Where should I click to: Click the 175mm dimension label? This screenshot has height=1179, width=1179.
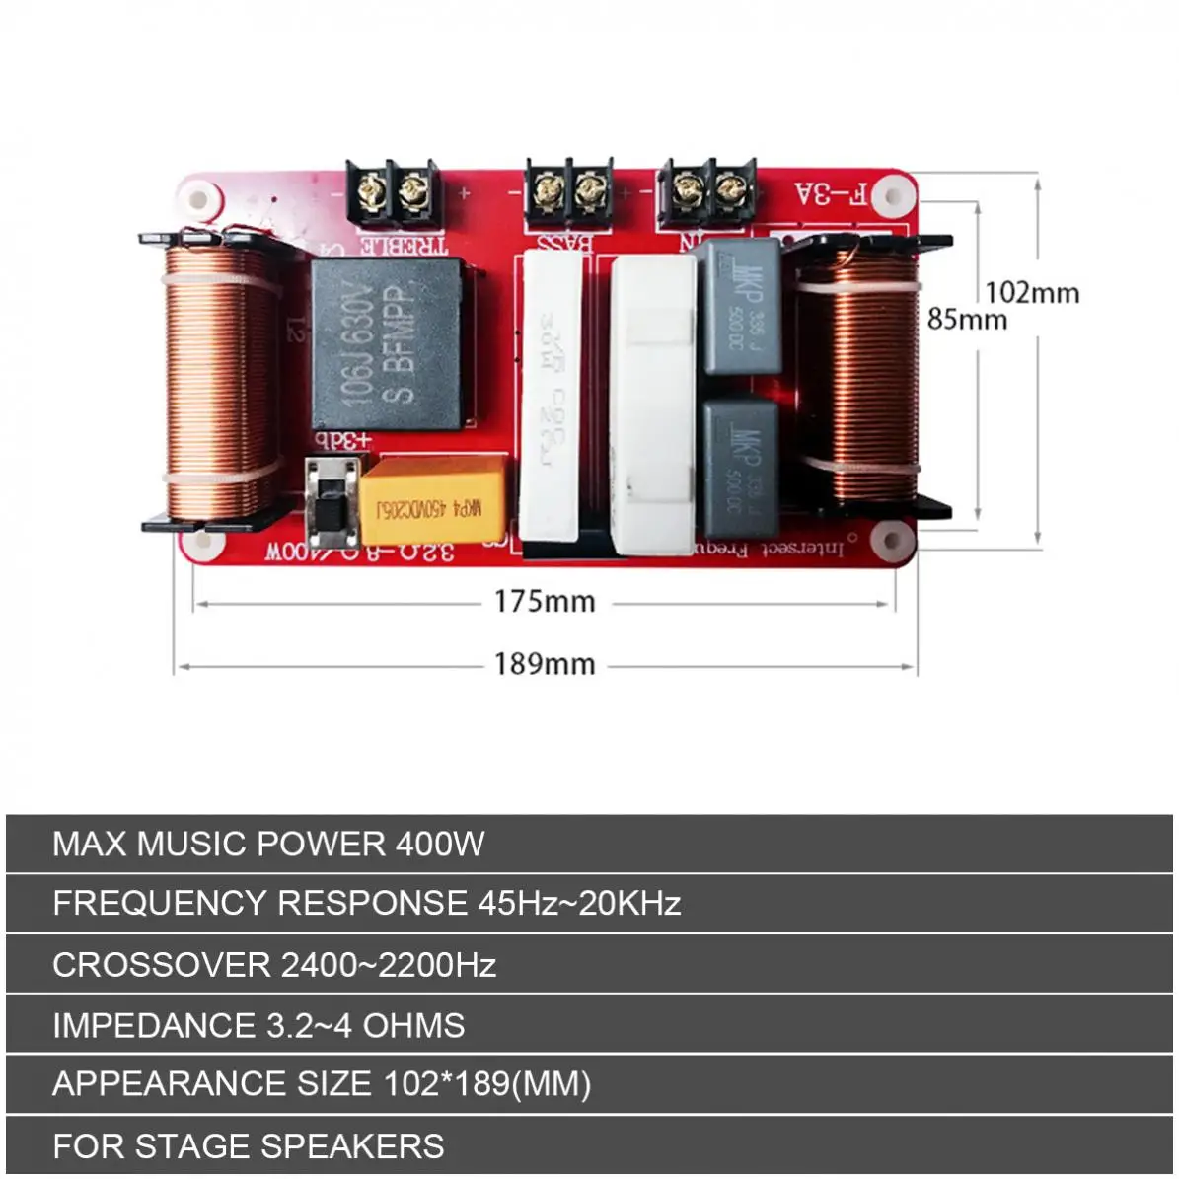click(x=545, y=601)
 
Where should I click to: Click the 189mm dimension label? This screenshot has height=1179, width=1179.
click(x=545, y=663)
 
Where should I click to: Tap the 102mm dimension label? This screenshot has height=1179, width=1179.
click(x=1032, y=292)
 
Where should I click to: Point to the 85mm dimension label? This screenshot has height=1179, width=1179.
click(x=967, y=319)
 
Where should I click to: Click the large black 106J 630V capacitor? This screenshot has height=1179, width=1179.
click(x=386, y=343)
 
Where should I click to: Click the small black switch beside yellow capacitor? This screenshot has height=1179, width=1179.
click(x=329, y=503)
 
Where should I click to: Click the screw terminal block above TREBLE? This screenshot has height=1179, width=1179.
click(x=391, y=191)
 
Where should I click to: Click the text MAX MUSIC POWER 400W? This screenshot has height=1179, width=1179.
click(x=268, y=844)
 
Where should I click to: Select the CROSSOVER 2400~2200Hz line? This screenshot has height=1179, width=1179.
click(x=274, y=964)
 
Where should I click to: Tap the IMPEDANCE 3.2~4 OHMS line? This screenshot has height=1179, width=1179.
click(x=258, y=1025)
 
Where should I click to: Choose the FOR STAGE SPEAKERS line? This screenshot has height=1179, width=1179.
click(x=249, y=1145)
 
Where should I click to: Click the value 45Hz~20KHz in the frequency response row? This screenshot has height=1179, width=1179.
click(x=579, y=903)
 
